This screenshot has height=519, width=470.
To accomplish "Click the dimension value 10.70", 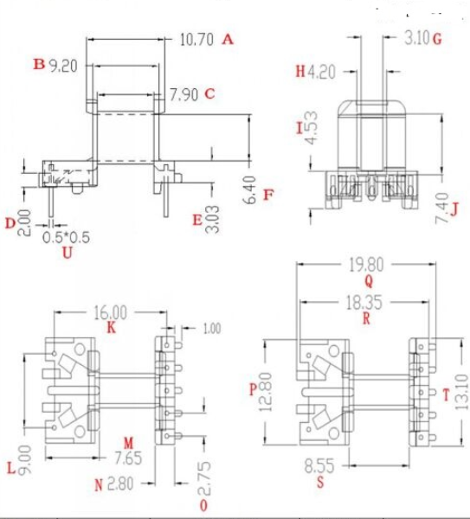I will pos(196,39).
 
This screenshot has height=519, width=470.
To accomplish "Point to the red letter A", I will pos(229,39).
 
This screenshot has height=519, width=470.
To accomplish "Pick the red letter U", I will pos(67,253).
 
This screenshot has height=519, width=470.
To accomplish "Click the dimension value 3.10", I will pos(416,39).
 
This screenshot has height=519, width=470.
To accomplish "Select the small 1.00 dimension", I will pos(210,329).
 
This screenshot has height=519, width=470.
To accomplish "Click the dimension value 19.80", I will pos(368,264).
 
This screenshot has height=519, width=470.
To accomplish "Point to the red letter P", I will pos(253,390).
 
